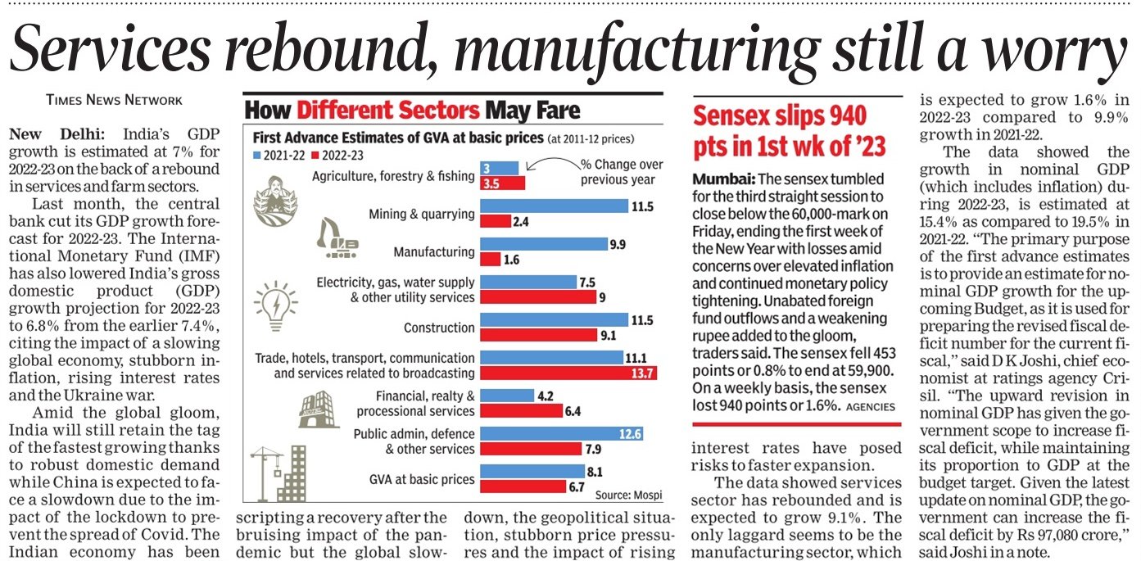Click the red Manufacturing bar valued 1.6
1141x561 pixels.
(x=490, y=260)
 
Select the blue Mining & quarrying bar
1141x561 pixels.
(x=555, y=206)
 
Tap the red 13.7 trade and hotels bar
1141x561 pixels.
(x=568, y=373)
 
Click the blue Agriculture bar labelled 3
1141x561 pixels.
(x=499, y=168)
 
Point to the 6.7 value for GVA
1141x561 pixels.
(x=576, y=487)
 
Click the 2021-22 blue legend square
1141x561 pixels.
(x=256, y=156)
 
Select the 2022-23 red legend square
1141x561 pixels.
(x=315, y=156)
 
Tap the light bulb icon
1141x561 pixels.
(x=276, y=306)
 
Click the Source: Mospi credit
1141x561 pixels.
(x=628, y=495)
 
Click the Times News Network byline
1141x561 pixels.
(x=114, y=100)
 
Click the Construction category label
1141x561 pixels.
(x=439, y=328)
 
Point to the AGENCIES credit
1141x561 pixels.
(x=871, y=407)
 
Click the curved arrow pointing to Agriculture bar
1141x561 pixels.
(x=553, y=161)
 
